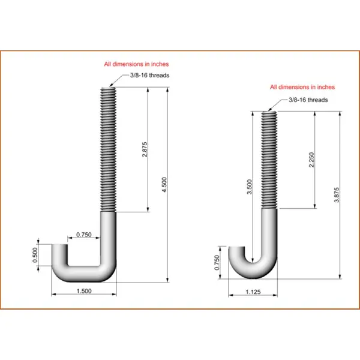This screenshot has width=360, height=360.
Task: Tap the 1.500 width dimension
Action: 85,290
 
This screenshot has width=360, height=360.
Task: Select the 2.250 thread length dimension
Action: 311,160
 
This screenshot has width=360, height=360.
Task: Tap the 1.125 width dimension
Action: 253,292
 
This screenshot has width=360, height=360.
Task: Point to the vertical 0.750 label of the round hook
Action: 217,262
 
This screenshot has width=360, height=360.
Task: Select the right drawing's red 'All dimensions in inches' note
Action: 302,87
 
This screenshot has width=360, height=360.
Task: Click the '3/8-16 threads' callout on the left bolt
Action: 149,75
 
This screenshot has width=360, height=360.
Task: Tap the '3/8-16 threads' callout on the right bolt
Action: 307,100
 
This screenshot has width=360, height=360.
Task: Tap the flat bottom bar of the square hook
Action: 84,274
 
